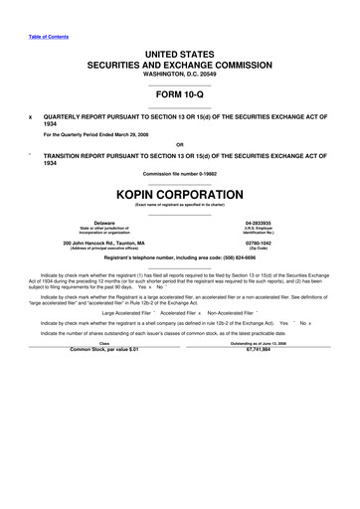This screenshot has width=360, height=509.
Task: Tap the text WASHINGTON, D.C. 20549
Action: point(179,75)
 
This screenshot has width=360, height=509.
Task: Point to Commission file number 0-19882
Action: point(179,175)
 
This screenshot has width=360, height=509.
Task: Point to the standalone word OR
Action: point(179,144)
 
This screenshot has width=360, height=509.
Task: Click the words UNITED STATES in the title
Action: point(179,51)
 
